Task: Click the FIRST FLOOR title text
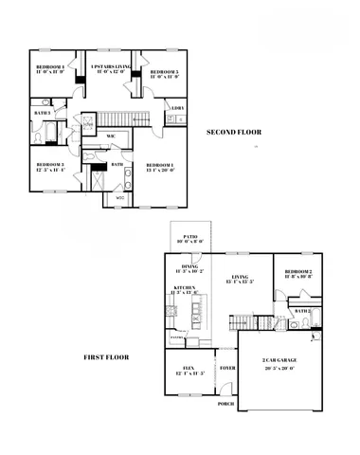tap(106, 357)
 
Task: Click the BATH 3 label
tap(42, 114)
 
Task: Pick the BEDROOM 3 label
tap(49, 167)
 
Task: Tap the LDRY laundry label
tap(177, 108)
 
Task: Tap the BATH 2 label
tap(301, 311)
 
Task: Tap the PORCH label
tap(225, 404)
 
